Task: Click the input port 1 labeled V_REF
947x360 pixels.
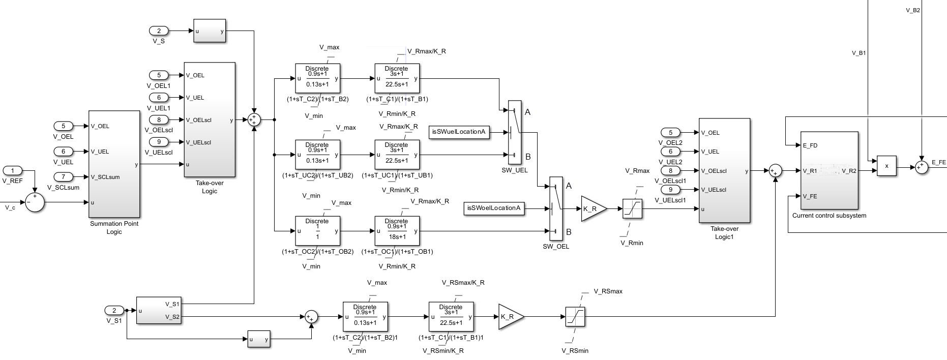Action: coord(13,170)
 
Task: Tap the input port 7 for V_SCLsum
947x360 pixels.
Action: coord(63,177)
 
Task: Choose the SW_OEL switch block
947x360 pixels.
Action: coord(556,208)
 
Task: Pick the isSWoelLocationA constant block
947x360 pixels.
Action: coord(494,208)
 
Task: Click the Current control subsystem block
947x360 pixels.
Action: coord(829,170)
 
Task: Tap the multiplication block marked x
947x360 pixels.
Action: coord(886,166)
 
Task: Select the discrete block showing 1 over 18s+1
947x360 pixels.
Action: coord(397,231)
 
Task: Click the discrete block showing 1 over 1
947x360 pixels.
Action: coord(317,231)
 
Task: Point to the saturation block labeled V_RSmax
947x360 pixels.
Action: coord(575,316)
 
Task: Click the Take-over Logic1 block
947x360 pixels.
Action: coord(724,170)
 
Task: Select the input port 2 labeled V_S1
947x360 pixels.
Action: coord(114,310)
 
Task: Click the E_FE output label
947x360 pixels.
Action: coord(938,163)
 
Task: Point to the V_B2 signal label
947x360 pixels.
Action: coord(913,10)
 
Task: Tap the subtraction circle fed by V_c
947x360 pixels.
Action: coord(35,202)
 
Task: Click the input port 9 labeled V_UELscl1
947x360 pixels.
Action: coord(670,190)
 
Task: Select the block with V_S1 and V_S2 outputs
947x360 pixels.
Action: coord(158,310)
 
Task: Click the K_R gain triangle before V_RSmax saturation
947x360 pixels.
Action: coord(510,316)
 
